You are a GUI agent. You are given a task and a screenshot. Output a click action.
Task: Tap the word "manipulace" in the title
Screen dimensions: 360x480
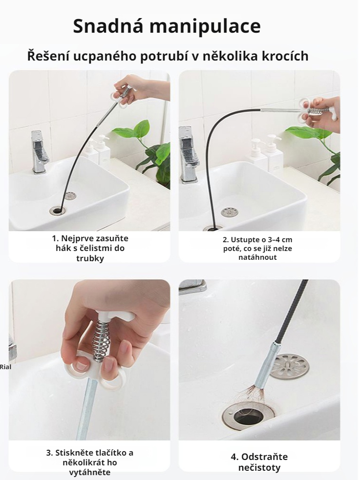coord(205,27)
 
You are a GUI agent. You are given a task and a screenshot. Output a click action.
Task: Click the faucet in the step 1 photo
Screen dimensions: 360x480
coord(39,151)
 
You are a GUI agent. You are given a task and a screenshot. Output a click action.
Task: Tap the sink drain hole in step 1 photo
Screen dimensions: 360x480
coord(57,210)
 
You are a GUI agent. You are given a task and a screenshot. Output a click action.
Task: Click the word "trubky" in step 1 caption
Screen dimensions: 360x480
coord(90,258)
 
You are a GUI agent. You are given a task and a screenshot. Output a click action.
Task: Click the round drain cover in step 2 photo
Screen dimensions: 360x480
coord(229,211)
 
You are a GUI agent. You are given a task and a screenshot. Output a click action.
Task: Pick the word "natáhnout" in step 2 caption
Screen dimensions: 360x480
coord(257,257)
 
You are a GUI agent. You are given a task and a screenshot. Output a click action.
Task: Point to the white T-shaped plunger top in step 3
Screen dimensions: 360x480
coord(115,315)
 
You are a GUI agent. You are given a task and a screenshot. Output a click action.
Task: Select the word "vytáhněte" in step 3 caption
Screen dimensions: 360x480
coord(90,472)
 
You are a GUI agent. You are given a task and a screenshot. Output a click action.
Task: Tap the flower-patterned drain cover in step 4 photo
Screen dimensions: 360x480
coord(290,366)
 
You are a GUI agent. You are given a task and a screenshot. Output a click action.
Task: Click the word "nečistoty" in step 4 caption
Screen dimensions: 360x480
coord(259,468)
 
